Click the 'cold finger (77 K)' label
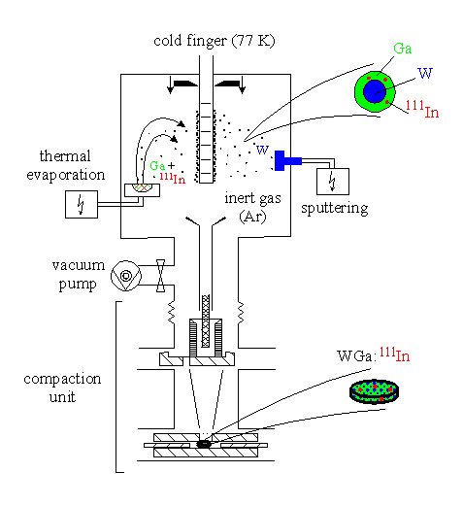pyautogui.click(x=215, y=41)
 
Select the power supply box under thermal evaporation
pyautogui.click(x=82, y=204)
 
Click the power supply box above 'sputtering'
pyautogui.click(x=333, y=182)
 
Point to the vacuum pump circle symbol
pyautogui.click(x=126, y=276)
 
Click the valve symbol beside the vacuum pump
pyautogui.click(x=160, y=276)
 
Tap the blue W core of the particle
pyautogui.click(x=375, y=91)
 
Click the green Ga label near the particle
pyautogui.click(x=403, y=49)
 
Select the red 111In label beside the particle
pyautogui.click(x=422, y=110)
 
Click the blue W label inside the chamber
pyautogui.click(x=262, y=150)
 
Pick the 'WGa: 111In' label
pyautogui.click(x=374, y=354)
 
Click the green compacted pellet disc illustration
pyautogui.click(x=374, y=391)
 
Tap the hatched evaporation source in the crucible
pyautogui.click(x=143, y=187)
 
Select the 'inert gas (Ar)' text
pyautogui.click(x=252, y=207)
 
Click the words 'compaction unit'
pyautogui.click(x=62, y=388)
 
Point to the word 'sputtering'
pyautogui.click(x=335, y=208)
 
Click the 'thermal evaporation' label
pyautogui.click(x=66, y=165)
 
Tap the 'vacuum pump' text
pyautogui.click(x=79, y=275)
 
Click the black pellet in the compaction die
pyautogui.click(x=204, y=444)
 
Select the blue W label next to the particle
pyautogui.click(x=425, y=74)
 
